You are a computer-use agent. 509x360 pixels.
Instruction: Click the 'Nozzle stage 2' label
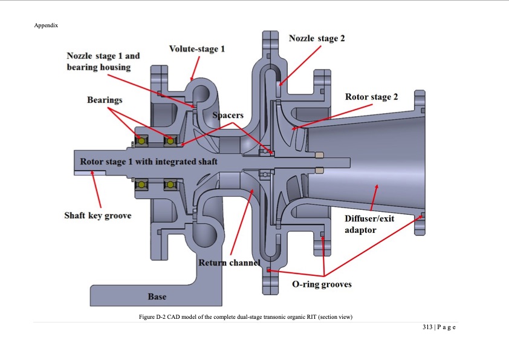317,38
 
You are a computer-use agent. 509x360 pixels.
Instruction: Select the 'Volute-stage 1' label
196,48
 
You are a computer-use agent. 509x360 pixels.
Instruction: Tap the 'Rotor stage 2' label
371,97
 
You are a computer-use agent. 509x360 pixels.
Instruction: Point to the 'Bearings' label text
105,99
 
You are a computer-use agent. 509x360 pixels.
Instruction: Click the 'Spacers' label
227,115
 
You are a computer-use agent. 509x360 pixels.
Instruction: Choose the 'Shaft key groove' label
97,215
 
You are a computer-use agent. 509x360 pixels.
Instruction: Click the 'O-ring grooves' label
322,284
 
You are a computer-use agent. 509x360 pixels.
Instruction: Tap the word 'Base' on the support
157,297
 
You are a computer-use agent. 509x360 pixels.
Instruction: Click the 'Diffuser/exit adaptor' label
369,224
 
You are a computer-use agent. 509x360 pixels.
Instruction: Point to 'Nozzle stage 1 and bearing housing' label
103,61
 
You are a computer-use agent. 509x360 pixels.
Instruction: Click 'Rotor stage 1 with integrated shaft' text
149,162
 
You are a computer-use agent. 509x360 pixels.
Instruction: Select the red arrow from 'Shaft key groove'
97,191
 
